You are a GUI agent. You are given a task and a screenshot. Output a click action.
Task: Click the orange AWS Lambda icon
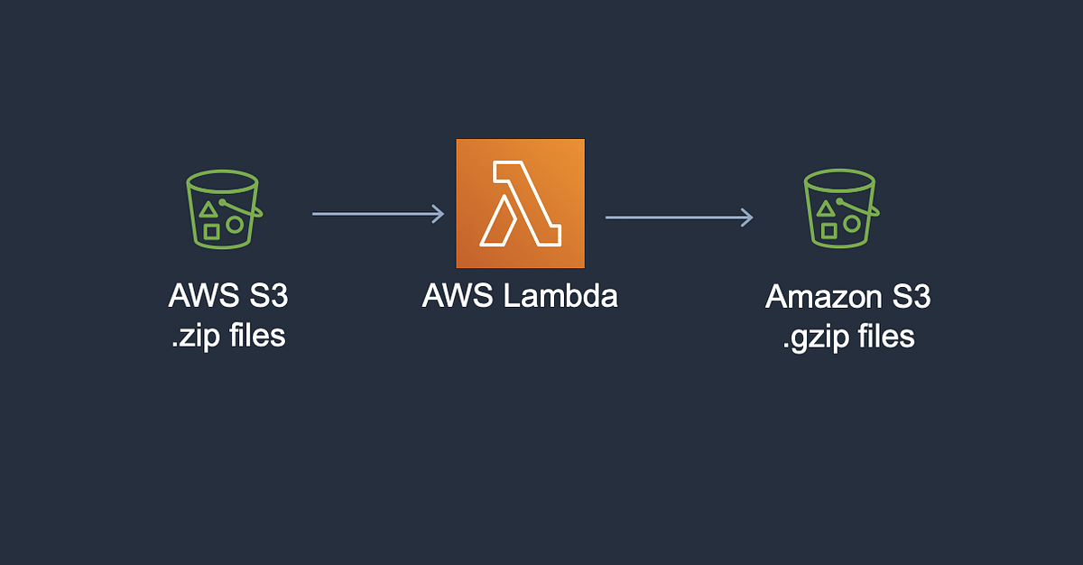[520, 203]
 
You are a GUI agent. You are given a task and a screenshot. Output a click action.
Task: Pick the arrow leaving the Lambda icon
[678, 217]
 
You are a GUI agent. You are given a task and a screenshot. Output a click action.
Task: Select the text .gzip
[809, 337]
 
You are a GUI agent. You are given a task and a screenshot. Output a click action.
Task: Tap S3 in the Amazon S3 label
[909, 297]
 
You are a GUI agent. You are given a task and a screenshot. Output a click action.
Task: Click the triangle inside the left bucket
[208, 210]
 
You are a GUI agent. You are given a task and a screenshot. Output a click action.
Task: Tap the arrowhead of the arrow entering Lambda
[439, 214]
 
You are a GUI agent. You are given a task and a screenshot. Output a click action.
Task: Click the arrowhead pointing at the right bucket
[746, 217]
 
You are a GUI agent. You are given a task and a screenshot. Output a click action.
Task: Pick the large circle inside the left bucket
[234, 224]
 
